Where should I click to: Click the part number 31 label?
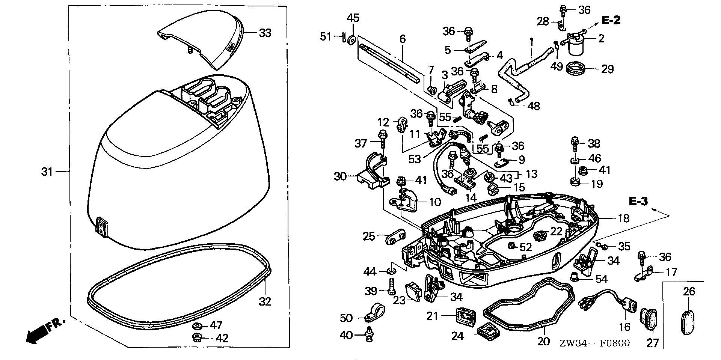[x=47, y=172]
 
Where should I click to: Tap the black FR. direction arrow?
[x=36, y=333]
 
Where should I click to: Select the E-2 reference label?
[x=611, y=20]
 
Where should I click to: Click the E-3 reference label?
[x=638, y=202]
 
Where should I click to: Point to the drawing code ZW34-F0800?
[x=594, y=343]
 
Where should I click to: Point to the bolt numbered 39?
[x=391, y=287]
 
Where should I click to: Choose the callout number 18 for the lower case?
[x=623, y=218]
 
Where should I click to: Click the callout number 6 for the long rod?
[x=403, y=39]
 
